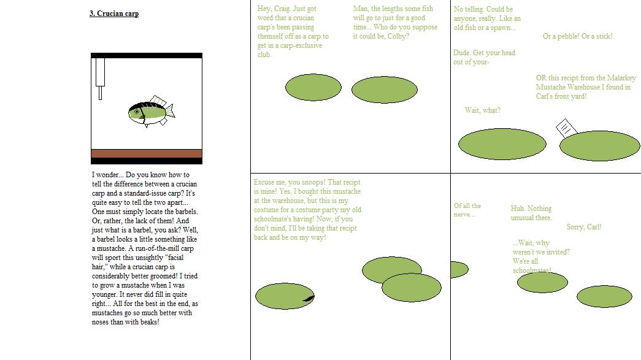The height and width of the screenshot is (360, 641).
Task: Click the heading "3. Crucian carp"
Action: [x=114, y=13]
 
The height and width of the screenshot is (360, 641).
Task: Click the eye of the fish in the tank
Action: [x=137, y=112]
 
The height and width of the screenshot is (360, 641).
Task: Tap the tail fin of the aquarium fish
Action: [x=170, y=111]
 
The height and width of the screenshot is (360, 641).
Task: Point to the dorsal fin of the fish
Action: [x=158, y=101]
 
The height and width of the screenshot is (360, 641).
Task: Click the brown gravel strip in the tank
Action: [x=147, y=154]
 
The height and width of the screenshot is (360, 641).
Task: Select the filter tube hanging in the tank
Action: [x=100, y=79]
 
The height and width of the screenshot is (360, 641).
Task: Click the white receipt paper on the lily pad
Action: [x=566, y=128]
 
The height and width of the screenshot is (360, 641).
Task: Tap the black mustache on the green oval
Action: [x=309, y=298]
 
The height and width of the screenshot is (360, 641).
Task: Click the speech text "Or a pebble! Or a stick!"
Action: [x=577, y=36]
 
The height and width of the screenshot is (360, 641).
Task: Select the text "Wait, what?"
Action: [x=482, y=110]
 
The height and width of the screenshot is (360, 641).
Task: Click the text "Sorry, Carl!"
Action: [x=584, y=227]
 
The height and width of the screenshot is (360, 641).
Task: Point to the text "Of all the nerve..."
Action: [x=467, y=210]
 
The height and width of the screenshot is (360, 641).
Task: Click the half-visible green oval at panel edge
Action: [x=459, y=270]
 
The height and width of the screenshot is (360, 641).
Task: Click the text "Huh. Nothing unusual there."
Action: [x=531, y=213]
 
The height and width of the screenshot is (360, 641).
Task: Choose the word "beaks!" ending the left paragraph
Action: [x=149, y=322]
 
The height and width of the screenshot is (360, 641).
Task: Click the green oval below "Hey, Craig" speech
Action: [x=313, y=88]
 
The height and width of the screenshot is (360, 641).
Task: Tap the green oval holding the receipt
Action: [x=599, y=145]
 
